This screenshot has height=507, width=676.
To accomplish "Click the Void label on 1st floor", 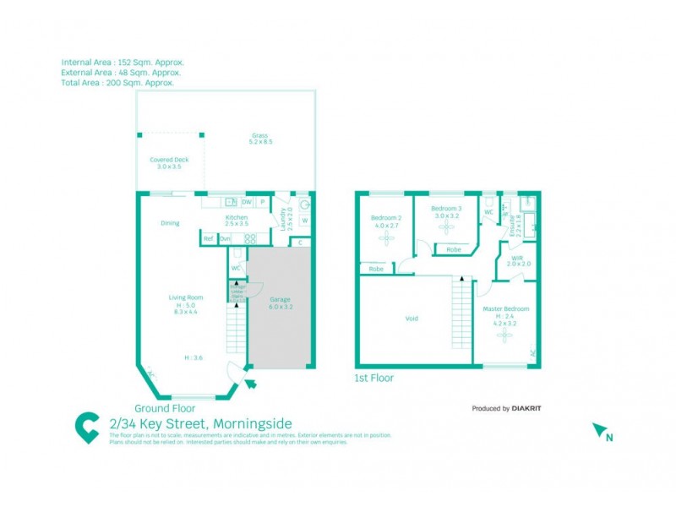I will click(x=412, y=319).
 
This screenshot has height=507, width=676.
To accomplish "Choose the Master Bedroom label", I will click(x=505, y=309).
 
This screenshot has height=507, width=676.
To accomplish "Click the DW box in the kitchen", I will click(x=247, y=203).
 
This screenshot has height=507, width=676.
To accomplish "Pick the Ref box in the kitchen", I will click(x=209, y=239).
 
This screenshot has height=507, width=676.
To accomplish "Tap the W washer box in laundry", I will click(x=304, y=222).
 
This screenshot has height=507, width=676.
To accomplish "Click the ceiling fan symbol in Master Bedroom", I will click(x=505, y=335).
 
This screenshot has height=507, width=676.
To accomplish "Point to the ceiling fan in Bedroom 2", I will click(x=386, y=239).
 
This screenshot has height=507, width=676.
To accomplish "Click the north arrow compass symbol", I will click(x=602, y=432).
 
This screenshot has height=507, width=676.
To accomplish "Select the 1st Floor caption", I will click(x=373, y=379).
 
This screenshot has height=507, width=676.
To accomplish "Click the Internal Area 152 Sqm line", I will click(x=123, y=63).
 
